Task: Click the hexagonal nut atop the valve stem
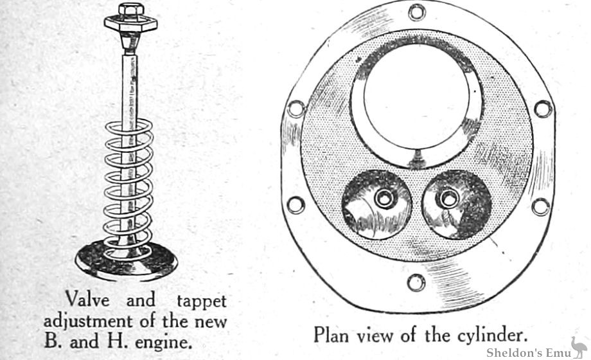[131, 10]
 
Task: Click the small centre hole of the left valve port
[384, 199]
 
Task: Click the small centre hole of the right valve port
[444, 200]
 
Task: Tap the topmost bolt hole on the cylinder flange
[416, 12]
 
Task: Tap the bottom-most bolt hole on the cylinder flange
[416, 282]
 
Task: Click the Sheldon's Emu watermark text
[524, 353]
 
